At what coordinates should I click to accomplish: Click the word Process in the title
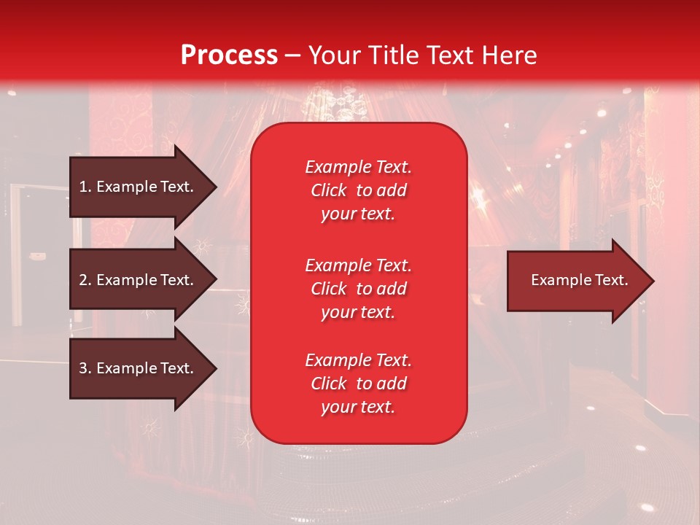click(x=229, y=55)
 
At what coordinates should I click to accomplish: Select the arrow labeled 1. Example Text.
click(x=139, y=187)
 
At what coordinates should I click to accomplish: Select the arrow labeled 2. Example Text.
click(x=139, y=280)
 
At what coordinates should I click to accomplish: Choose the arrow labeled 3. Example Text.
click(x=139, y=368)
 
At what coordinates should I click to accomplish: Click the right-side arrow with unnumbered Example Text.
click(x=576, y=280)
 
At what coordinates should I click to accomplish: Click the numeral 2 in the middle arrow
click(x=82, y=280)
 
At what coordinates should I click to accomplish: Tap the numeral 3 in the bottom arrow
click(x=82, y=368)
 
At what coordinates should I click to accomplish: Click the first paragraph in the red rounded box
click(x=358, y=190)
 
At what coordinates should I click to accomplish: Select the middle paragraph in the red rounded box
click(x=358, y=288)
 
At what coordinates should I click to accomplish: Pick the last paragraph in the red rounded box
click(x=358, y=384)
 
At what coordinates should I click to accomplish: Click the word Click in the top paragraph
click(x=328, y=190)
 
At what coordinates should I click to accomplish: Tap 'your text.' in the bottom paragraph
click(x=358, y=407)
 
